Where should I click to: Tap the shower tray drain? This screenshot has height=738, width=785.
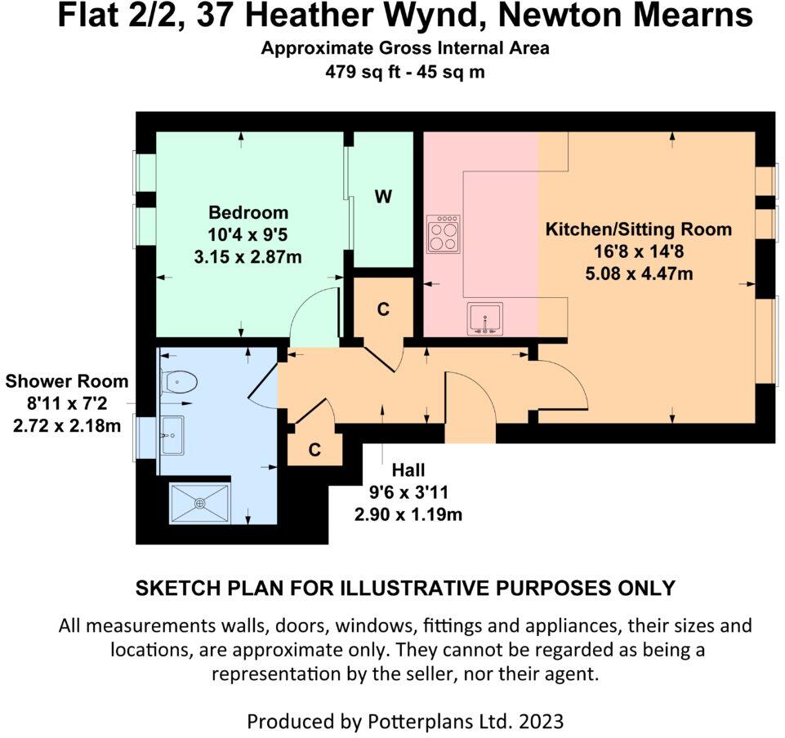pos(200,502)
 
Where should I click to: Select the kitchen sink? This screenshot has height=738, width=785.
pos(485,318)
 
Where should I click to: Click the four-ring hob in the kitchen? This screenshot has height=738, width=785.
pos(443,234)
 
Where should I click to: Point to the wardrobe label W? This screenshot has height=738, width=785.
pos(383,197)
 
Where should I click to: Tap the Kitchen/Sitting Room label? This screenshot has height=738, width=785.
pos(638,229)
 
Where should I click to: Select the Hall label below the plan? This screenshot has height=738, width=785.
pos(408,470)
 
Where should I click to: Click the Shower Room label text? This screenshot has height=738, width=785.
pos(67,381)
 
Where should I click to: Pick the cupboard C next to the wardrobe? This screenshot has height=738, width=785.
pos(381,309)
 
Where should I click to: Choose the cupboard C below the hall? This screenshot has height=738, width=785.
pos(314,450)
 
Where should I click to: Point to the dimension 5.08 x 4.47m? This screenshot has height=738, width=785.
pos(638,273)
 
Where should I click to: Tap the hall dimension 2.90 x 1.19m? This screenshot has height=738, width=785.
pos(408,514)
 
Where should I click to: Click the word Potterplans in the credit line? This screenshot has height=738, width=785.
pos(404,722)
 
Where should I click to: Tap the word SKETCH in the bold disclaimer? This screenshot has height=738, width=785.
pos(172,587)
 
